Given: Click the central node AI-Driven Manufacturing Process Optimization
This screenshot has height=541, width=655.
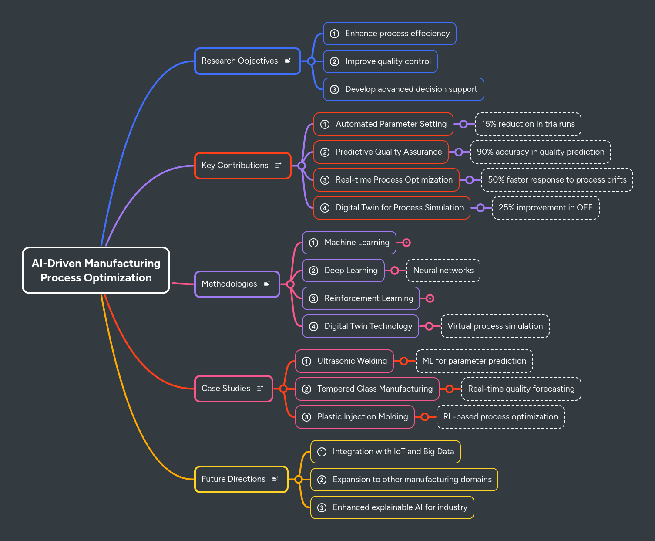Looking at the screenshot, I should pyautogui.click(x=96, y=270).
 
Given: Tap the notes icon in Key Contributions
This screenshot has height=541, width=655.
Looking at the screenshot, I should pyautogui.click(x=278, y=166).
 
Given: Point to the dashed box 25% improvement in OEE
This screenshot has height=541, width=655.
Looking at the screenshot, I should pyautogui.click(x=545, y=208).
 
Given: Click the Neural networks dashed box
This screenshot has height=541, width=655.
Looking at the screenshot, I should pyautogui.click(x=443, y=270).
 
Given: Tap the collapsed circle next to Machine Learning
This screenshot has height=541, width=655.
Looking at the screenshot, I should pyautogui.click(x=406, y=243).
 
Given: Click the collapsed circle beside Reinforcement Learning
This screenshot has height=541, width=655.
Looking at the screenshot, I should pyautogui.click(x=430, y=298).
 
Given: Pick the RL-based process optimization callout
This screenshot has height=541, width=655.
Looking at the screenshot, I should pyautogui.click(x=500, y=417).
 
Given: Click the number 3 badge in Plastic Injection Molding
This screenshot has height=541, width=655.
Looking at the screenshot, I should pyautogui.click(x=307, y=417).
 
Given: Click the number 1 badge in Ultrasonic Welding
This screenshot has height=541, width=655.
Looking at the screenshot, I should pyautogui.click(x=307, y=362).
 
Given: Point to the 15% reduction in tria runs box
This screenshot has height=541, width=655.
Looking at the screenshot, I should pyautogui.click(x=528, y=124).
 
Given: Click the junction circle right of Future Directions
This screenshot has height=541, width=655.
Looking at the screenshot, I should pyautogui.click(x=298, y=479).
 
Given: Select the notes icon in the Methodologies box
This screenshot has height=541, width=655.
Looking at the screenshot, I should pyautogui.click(x=267, y=284).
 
